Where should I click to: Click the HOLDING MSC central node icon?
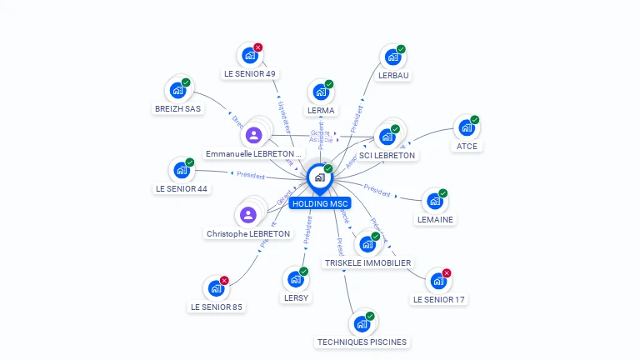pyautogui.click(x=319, y=177)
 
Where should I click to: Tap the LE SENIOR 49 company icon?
pyautogui.click(x=248, y=56)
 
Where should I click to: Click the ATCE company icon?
pyautogui.click(x=466, y=128)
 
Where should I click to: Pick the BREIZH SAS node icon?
pyautogui.click(x=177, y=90)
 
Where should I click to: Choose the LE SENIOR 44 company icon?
pyautogui.click(x=181, y=170)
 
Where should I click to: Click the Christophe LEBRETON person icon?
pyautogui.click(x=248, y=215)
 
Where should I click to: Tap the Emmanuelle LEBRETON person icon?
pyautogui.click(x=254, y=134)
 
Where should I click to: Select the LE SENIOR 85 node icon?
pyautogui.click(x=216, y=288)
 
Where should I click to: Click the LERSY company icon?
pyautogui.click(x=295, y=279)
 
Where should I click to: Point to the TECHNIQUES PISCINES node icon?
pyautogui.click(x=362, y=323)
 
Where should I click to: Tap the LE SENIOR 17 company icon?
pyautogui.click(x=437, y=281)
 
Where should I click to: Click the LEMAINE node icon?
pyautogui.click(x=434, y=201)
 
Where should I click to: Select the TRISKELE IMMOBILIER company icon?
pyautogui.click(x=367, y=244)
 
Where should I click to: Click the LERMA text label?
pyautogui.click(x=321, y=110)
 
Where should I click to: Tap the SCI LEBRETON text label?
pyautogui.click(x=387, y=155)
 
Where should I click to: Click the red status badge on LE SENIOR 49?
pyautogui.click(x=257, y=47)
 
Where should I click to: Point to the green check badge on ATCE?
pyautogui.click(x=475, y=120)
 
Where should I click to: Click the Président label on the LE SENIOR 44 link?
pyautogui.click(x=251, y=176)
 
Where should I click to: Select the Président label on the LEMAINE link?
pyautogui.click(x=377, y=191)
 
